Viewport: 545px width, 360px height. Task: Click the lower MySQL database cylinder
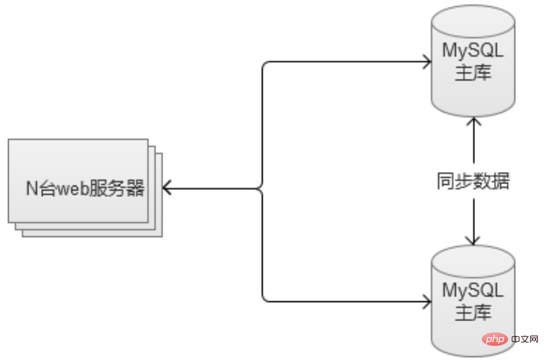(x=473, y=299)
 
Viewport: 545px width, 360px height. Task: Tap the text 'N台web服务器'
(x=85, y=189)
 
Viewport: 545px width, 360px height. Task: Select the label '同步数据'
(x=473, y=182)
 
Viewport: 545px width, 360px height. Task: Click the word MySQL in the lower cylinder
(x=473, y=291)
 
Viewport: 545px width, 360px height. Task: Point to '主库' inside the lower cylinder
(x=473, y=313)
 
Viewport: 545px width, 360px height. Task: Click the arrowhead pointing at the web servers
(x=168, y=189)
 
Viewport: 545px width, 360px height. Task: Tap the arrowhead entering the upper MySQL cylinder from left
(x=427, y=62)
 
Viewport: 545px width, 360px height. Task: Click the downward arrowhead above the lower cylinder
(x=473, y=240)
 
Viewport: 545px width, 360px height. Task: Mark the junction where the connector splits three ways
(x=262, y=189)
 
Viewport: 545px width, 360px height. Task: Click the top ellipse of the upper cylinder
(x=473, y=15)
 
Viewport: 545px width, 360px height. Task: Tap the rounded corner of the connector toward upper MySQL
(x=265, y=64)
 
